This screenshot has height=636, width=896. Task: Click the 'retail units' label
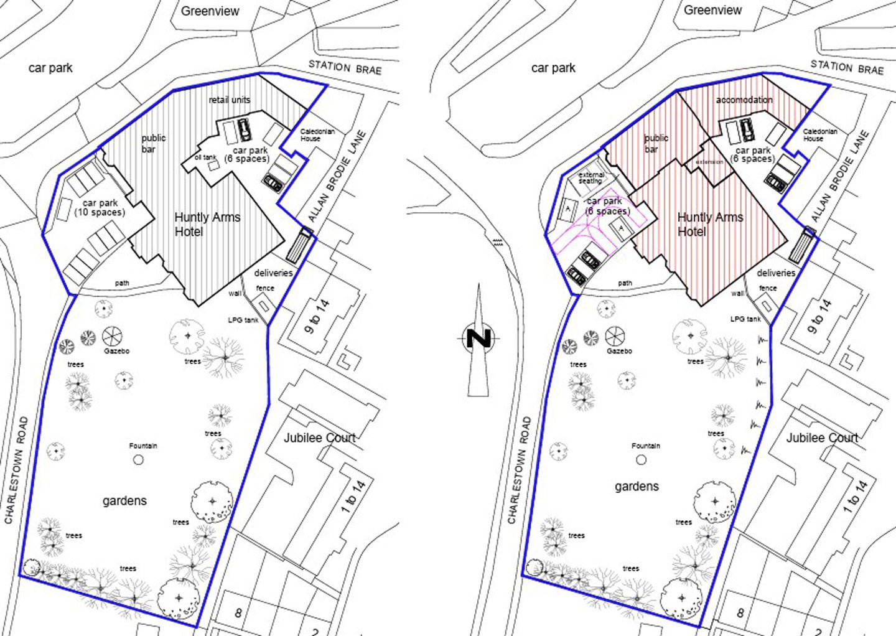click(x=229, y=100)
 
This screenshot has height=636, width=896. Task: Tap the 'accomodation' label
click(x=744, y=100)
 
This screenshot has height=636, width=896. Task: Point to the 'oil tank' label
click(x=205, y=157)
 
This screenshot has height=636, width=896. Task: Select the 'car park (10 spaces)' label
click(x=100, y=208)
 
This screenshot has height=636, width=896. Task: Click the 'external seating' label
click(x=590, y=178)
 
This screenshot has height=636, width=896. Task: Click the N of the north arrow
click(x=479, y=338)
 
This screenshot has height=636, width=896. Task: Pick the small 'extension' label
click(x=710, y=162)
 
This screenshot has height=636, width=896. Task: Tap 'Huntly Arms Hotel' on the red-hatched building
click(x=710, y=224)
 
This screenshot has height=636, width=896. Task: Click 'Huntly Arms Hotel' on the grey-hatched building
click(x=207, y=224)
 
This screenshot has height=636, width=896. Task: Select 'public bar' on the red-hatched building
click(x=656, y=144)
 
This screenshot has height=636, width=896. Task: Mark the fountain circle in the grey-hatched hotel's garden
click(x=138, y=460)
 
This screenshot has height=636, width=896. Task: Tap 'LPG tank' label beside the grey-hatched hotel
click(x=243, y=320)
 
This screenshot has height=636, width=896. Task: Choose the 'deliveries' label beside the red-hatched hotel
click(x=776, y=273)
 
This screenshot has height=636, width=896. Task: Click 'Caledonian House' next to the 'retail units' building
click(x=317, y=135)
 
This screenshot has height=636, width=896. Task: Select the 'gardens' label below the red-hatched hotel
click(x=637, y=487)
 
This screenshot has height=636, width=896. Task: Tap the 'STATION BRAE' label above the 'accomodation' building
click(x=847, y=67)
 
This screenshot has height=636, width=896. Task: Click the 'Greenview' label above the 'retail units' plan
click(x=210, y=11)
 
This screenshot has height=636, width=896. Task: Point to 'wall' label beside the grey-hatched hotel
click(x=235, y=293)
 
